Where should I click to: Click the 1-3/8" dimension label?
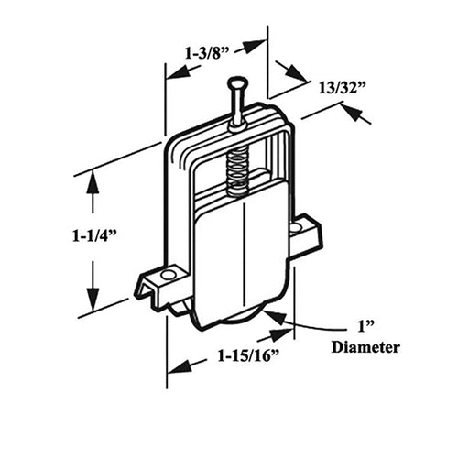click(202, 54)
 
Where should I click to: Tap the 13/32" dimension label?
click(343, 89)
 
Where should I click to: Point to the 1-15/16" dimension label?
click(248, 355)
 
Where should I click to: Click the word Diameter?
click(365, 347)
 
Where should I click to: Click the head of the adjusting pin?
click(237, 82)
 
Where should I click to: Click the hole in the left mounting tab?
click(167, 276)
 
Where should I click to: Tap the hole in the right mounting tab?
click(296, 228)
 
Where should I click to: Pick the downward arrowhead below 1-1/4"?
click(93, 297)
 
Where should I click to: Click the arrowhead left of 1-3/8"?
click(178, 73)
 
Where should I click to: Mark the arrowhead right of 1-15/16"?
click(280, 334)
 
